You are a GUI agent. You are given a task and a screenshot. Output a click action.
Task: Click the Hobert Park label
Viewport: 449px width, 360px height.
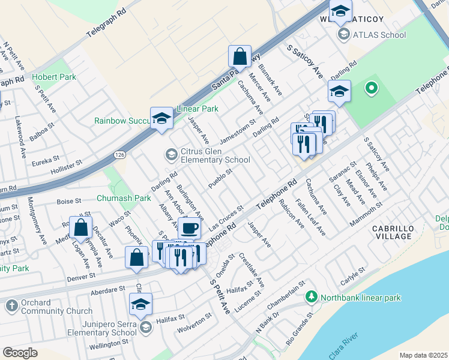[54, 77]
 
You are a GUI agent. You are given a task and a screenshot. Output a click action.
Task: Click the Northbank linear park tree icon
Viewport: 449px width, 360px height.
[311, 296]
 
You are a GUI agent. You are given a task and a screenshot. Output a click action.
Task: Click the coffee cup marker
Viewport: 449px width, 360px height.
[189, 229]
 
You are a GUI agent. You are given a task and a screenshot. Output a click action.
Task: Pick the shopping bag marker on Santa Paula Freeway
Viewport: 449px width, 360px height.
[240, 57]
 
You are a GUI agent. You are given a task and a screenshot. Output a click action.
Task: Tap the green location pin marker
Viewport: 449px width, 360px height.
[372, 89]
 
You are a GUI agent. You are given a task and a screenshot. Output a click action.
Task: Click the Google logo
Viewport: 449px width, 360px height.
[20, 353]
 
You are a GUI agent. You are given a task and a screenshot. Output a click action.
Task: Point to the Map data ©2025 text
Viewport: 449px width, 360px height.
[423, 355]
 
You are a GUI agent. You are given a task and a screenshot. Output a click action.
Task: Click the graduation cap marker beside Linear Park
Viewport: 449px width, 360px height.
[161, 119]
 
